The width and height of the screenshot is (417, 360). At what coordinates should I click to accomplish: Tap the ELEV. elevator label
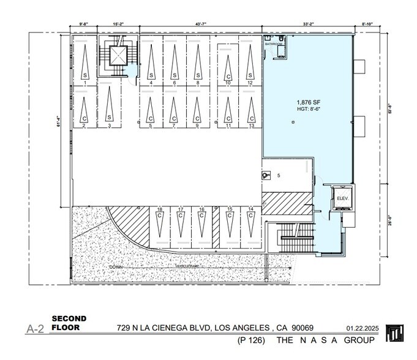click(x=342, y=199)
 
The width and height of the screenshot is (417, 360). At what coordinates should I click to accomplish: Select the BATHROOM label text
click(x=274, y=45)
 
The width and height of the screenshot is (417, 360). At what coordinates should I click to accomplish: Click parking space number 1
click(x=84, y=82)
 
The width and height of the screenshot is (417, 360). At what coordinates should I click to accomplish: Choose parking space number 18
click(x=159, y=210)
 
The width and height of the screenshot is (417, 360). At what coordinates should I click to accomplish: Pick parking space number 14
click(x=250, y=210)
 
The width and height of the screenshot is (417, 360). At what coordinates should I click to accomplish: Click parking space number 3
click(x=108, y=125)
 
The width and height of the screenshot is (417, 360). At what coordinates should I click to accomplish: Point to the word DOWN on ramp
click(x=116, y=268)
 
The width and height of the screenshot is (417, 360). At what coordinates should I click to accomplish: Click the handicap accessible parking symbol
click(x=266, y=175)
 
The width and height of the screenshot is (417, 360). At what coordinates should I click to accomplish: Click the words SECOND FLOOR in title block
click(x=69, y=323)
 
